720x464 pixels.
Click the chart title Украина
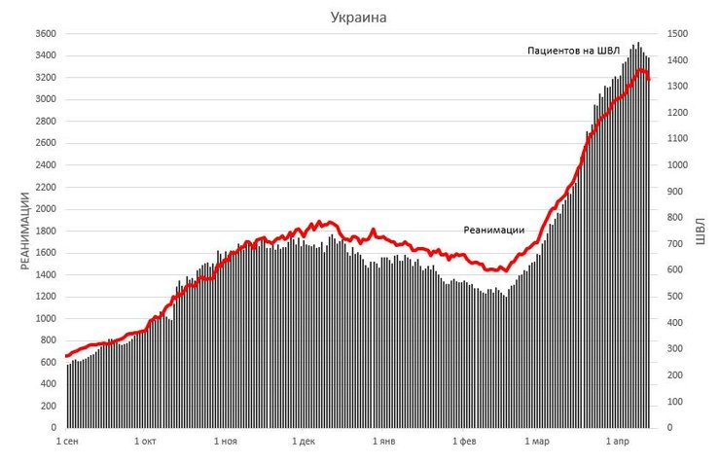point(359,18)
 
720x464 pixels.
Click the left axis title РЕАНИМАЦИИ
point(26,231)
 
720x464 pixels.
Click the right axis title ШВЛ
point(700,231)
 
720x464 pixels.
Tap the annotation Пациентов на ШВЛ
point(573,51)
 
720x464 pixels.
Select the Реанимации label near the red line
point(493,230)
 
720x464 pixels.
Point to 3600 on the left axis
point(45,34)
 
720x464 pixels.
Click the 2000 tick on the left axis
point(45,209)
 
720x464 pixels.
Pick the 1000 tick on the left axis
point(45,318)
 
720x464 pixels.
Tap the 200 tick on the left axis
point(49,406)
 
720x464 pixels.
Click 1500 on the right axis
point(677,34)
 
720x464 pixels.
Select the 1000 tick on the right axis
point(677,165)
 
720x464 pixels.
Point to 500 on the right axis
point(674,297)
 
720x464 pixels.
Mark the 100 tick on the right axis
point(674,402)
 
